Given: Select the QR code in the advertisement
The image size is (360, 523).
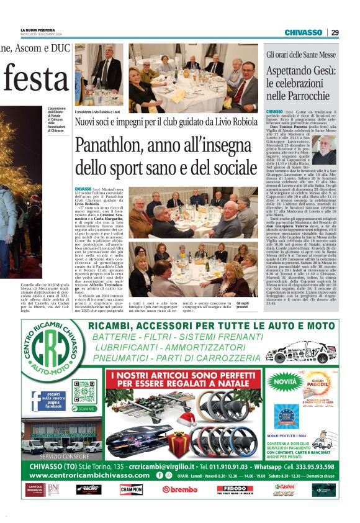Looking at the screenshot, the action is coord(83,391).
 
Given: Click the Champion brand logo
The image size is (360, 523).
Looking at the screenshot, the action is coord(131,489).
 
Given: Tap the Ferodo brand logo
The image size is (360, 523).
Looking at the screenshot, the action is coord(234,489).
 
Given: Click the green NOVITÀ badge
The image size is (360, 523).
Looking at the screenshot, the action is coord(285,380).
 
